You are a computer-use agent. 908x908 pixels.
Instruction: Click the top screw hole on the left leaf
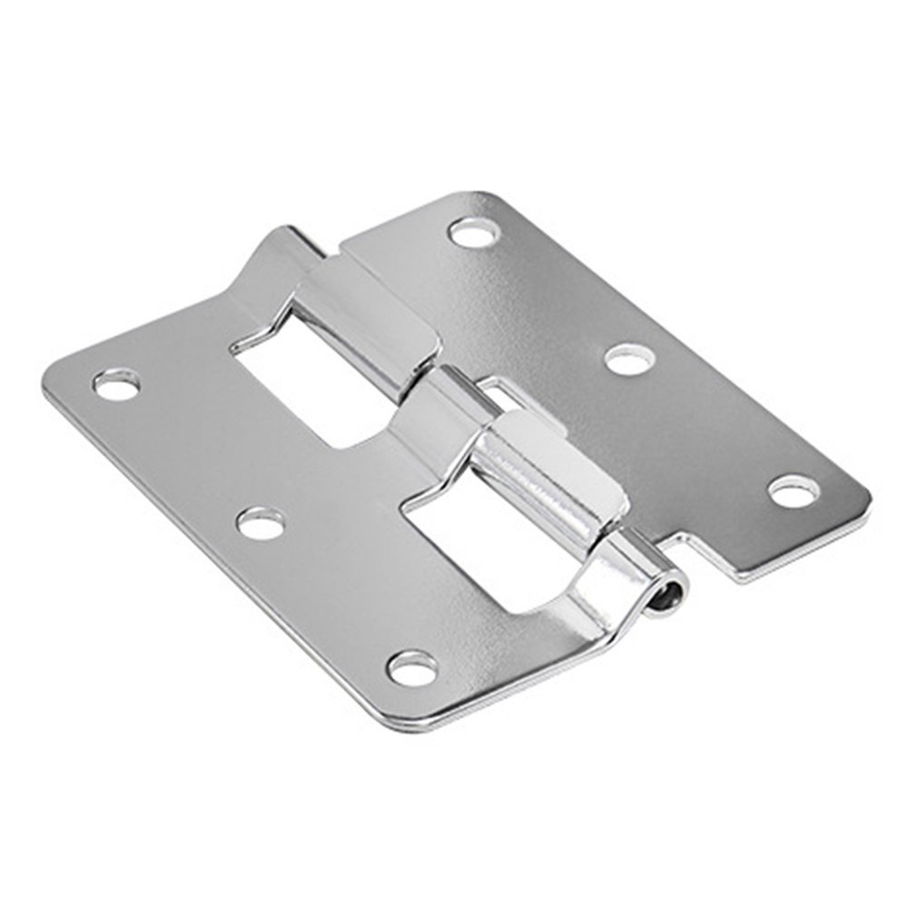tap(116, 385)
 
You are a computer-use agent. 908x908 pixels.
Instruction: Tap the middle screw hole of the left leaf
tap(261, 523)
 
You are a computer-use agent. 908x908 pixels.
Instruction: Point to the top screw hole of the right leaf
tap(474, 232)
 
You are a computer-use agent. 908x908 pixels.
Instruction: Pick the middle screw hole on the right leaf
tap(629, 360)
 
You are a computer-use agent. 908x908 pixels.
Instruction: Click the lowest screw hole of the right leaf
tap(793, 491)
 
